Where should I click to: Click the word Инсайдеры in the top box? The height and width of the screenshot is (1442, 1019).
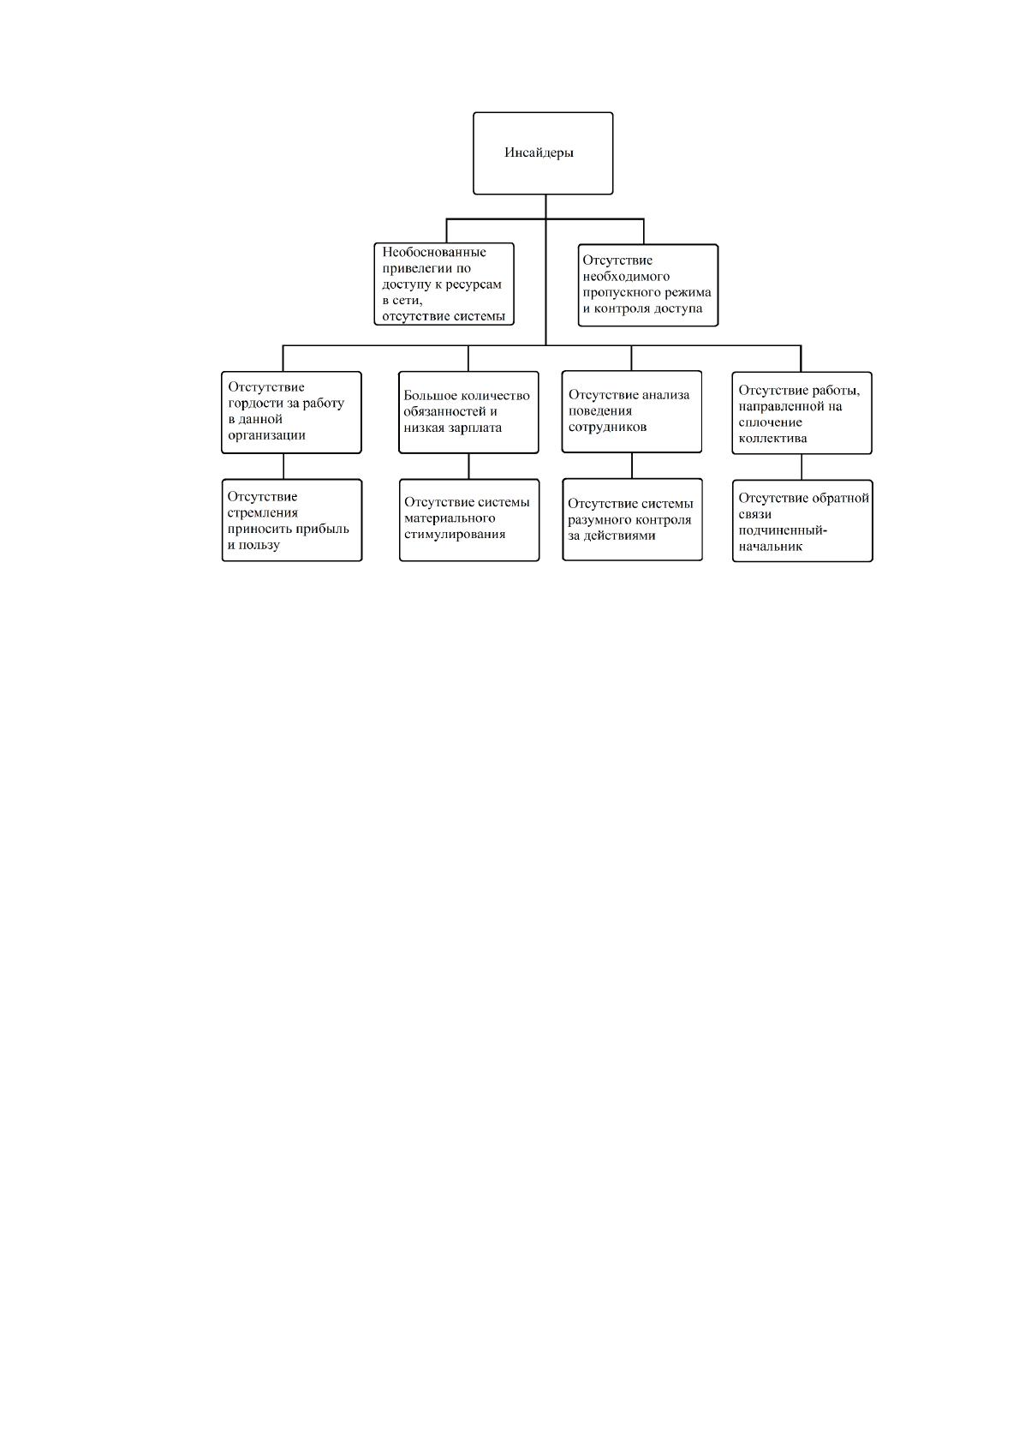click(x=539, y=153)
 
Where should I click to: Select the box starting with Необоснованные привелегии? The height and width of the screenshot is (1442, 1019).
click(x=444, y=284)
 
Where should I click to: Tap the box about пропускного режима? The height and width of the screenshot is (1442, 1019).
click(x=648, y=285)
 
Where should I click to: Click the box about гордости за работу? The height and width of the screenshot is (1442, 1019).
click(x=291, y=413)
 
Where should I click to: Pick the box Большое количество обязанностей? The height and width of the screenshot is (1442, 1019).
click(x=468, y=413)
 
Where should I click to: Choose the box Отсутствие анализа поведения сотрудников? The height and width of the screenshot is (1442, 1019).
click(x=632, y=412)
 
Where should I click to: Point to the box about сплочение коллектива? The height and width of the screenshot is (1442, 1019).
click(x=801, y=413)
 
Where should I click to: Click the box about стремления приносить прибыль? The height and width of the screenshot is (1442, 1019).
click(x=292, y=520)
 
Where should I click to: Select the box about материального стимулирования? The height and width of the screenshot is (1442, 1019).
click(x=469, y=520)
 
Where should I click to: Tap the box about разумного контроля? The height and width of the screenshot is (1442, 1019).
click(x=632, y=519)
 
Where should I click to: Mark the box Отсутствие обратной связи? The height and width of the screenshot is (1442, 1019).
click(x=802, y=521)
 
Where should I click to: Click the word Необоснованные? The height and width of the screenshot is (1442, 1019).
click(x=434, y=252)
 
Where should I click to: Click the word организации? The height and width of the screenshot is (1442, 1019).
click(x=266, y=436)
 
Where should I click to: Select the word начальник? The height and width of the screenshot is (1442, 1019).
click(x=771, y=547)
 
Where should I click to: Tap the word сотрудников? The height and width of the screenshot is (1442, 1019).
click(x=607, y=428)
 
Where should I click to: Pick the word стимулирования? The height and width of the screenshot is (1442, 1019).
click(x=455, y=535)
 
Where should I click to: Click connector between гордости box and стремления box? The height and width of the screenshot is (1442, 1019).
click(x=283, y=467)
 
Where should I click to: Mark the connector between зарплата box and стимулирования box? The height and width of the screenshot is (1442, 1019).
click(x=468, y=467)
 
